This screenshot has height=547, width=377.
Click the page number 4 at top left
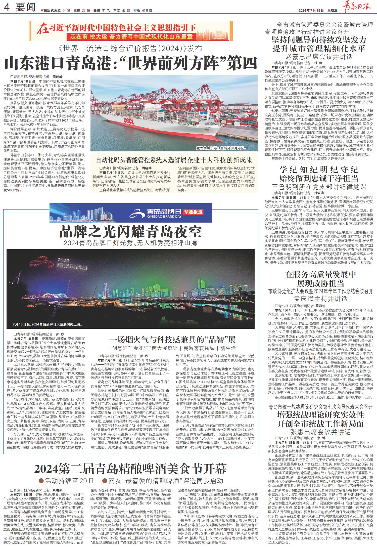tap(7, 8)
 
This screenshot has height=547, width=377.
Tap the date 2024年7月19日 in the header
tap(311, 10)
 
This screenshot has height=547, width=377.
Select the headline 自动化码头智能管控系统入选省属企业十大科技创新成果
tap(174, 160)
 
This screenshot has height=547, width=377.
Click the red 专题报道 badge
tap(193, 212)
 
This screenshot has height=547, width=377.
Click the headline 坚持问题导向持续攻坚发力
tap(319, 40)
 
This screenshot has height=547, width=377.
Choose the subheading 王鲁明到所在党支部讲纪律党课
tap(319, 187)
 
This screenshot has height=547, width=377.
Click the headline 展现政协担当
tap(320, 283)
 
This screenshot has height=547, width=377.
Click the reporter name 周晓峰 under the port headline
tap(57, 77)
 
